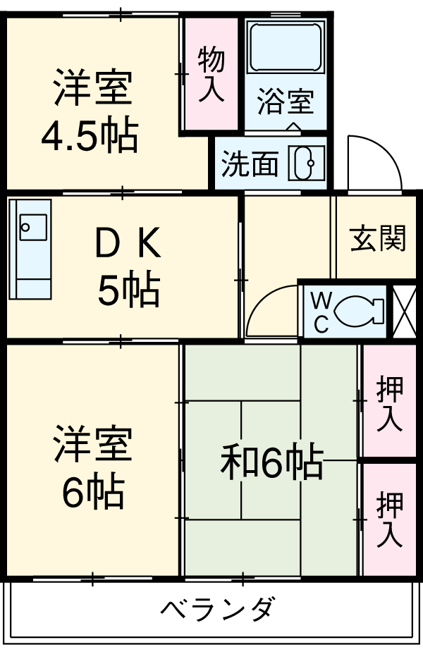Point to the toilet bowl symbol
359,311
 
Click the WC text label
320,312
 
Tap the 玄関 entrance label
378,239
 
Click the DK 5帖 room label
128,266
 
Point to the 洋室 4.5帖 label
90,112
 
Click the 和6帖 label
271,464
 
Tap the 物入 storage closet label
211,74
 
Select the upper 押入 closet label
389,403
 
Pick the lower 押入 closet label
389,519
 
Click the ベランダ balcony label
216,608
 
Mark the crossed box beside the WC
404,311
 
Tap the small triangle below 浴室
294,127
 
